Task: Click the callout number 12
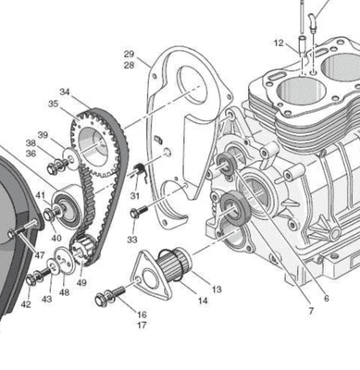[x=279, y=43]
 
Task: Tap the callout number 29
[x=129, y=54]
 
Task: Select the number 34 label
[x=64, y=92]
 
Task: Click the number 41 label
[x=40, y=195]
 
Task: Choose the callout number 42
[x=26, y=304]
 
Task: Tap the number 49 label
[x=81, y=283]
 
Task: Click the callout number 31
[x=135, y=196]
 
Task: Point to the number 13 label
[x=217, y=290]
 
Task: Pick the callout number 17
[x=142, y=326]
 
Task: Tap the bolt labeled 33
[x=139, y=213]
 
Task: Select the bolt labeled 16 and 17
[x=109, y=297]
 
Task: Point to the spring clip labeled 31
[x=141, y=170]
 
